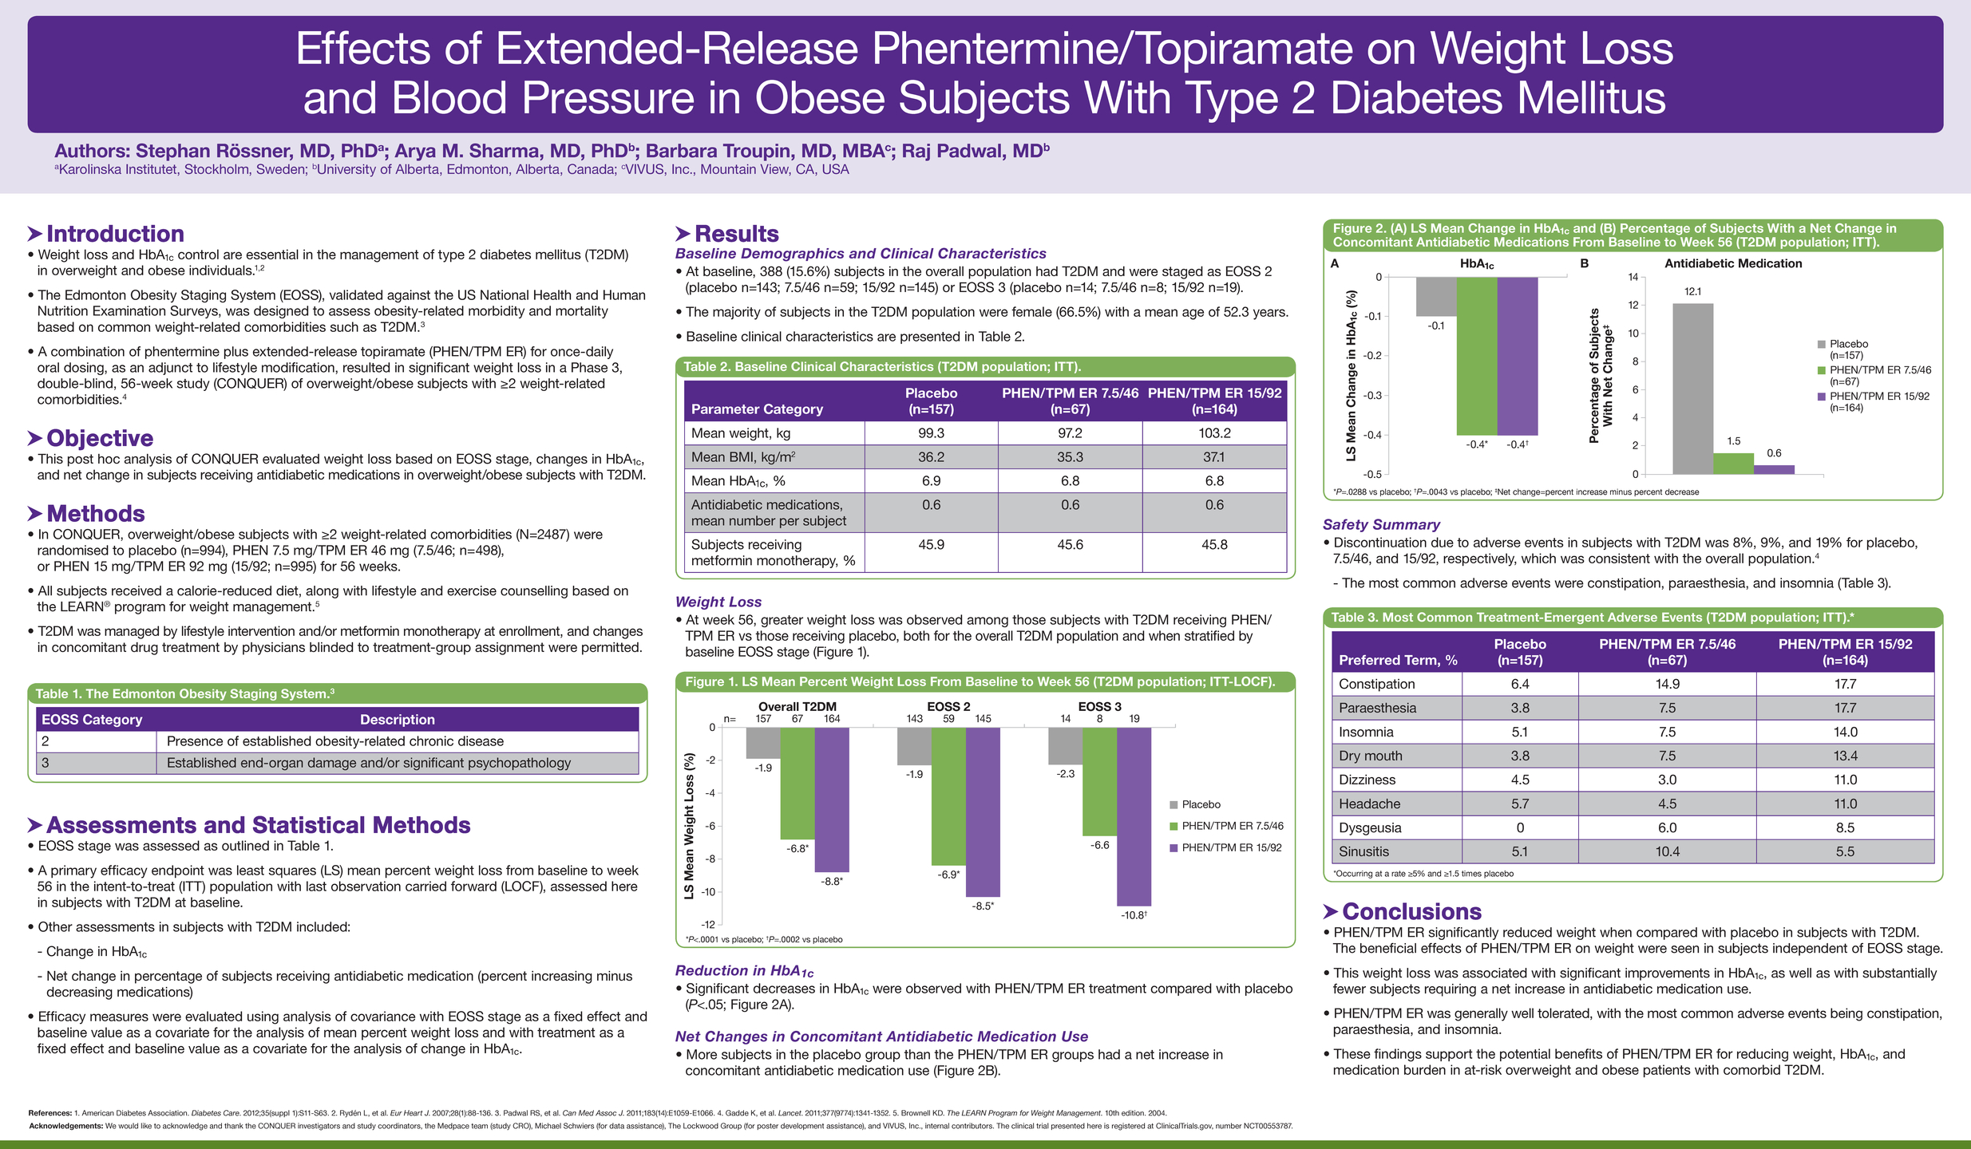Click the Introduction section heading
pos(115,234)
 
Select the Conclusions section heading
pos(1411,911)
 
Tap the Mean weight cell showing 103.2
pos(1214,433)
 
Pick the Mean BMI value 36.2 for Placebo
pos(931,457)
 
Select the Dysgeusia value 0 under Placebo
pos(1520,827)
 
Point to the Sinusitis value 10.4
pos(1667,851)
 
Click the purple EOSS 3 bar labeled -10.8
pos(1134,816)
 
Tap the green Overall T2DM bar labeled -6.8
pos(798,784)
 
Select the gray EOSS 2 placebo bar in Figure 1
pos(914,746)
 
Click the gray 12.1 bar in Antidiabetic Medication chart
pos(1692,389)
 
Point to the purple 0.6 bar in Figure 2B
pos(1774,470)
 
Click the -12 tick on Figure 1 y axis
pos(708,925)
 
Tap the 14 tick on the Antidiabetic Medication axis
pos(1633,277)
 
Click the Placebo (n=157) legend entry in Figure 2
pos(1843,349)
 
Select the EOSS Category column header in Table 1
pos(92,720)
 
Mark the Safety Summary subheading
pos(1381,524)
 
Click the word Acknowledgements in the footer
pos(66,1126)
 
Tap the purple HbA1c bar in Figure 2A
pos(1517,356)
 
